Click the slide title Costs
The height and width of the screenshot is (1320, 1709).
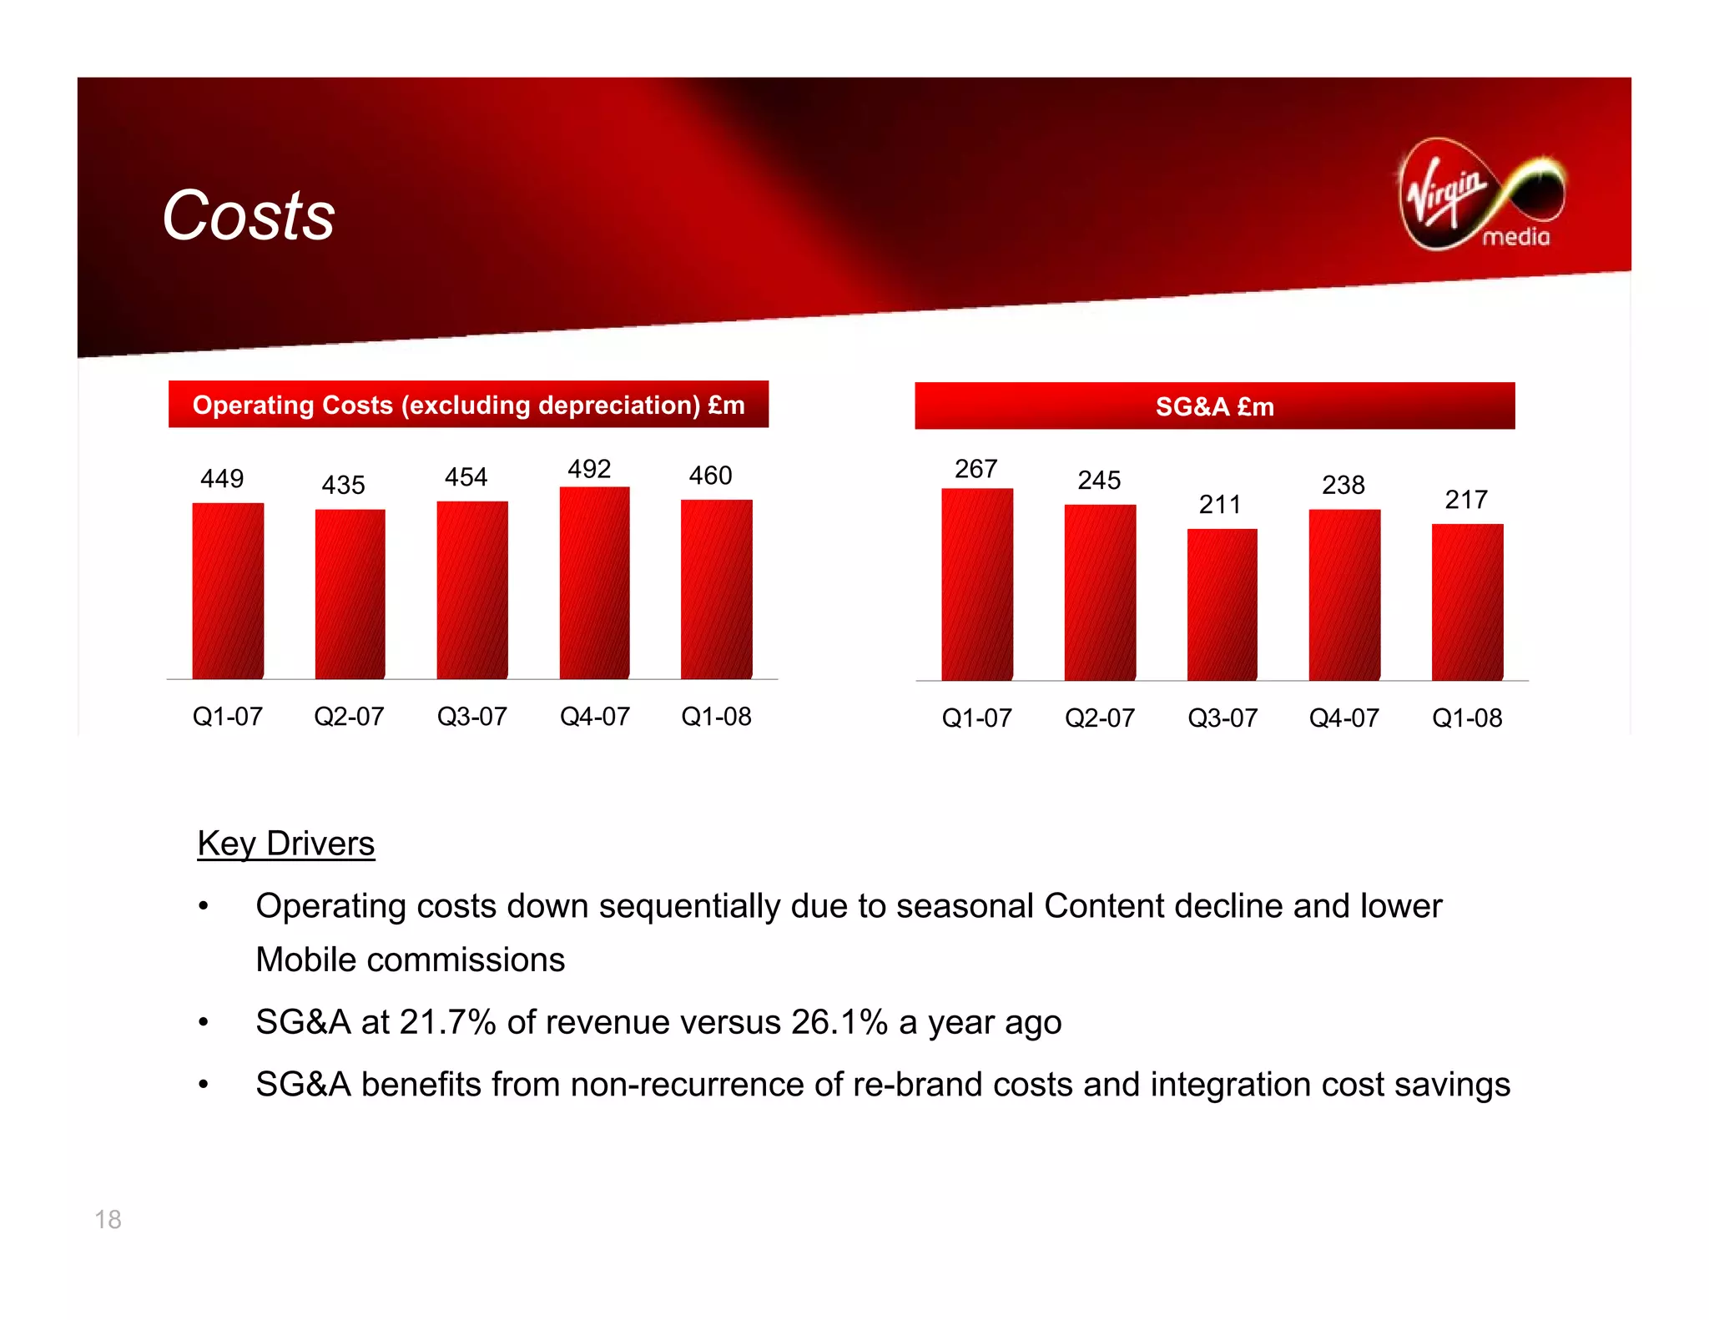[x=248, y=215]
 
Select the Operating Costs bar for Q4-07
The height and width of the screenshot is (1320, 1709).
[x=594, y=582]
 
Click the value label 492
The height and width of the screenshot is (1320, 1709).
[x=589, y=469]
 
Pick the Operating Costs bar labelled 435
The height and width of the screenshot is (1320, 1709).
[x=350, y=594]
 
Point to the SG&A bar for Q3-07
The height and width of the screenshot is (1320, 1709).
[x=1222, y=604]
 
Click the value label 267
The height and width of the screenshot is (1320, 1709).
[x=975, y=469]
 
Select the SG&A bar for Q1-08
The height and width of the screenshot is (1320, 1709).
[x=1467, y=602]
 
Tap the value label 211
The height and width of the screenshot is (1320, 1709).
[x=1219, y=504]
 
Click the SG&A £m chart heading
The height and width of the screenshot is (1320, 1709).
[x=1214, y=406]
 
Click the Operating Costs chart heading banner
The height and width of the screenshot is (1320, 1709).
[x=468, y=405]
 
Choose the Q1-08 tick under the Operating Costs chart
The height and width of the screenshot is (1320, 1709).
[x=716, y=716]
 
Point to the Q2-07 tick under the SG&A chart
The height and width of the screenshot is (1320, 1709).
[x=1099, y=718]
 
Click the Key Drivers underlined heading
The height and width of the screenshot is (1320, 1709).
[x=286, y=844]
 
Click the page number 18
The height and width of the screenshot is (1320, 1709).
[x=108, y=1219]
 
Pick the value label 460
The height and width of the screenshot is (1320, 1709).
[x=710, y=476]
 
